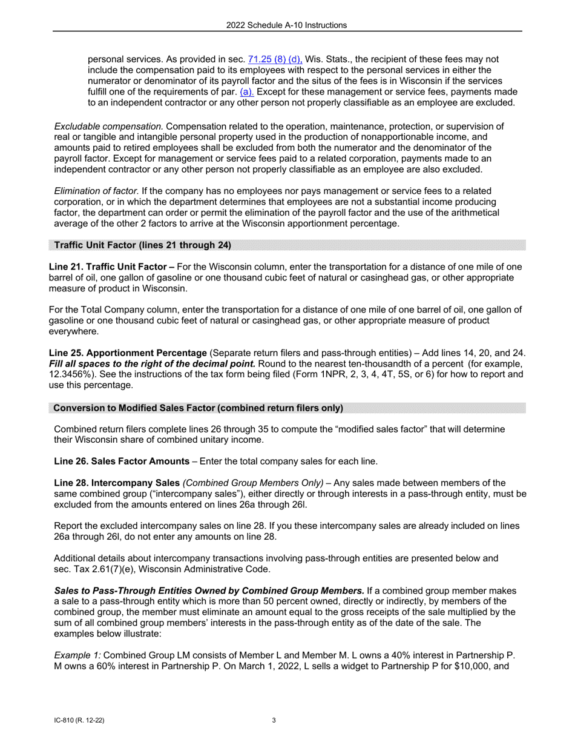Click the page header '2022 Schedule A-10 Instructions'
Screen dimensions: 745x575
point(287,25)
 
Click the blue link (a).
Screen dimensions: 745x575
point(247,92)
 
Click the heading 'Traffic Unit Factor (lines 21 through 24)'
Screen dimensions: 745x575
point(142,245)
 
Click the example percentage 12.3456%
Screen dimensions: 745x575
point(72,375)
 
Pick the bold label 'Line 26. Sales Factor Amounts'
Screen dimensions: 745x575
point(122,462)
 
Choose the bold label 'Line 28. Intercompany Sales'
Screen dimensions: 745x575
point(117,483)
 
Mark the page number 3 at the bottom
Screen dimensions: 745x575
point(274,721)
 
